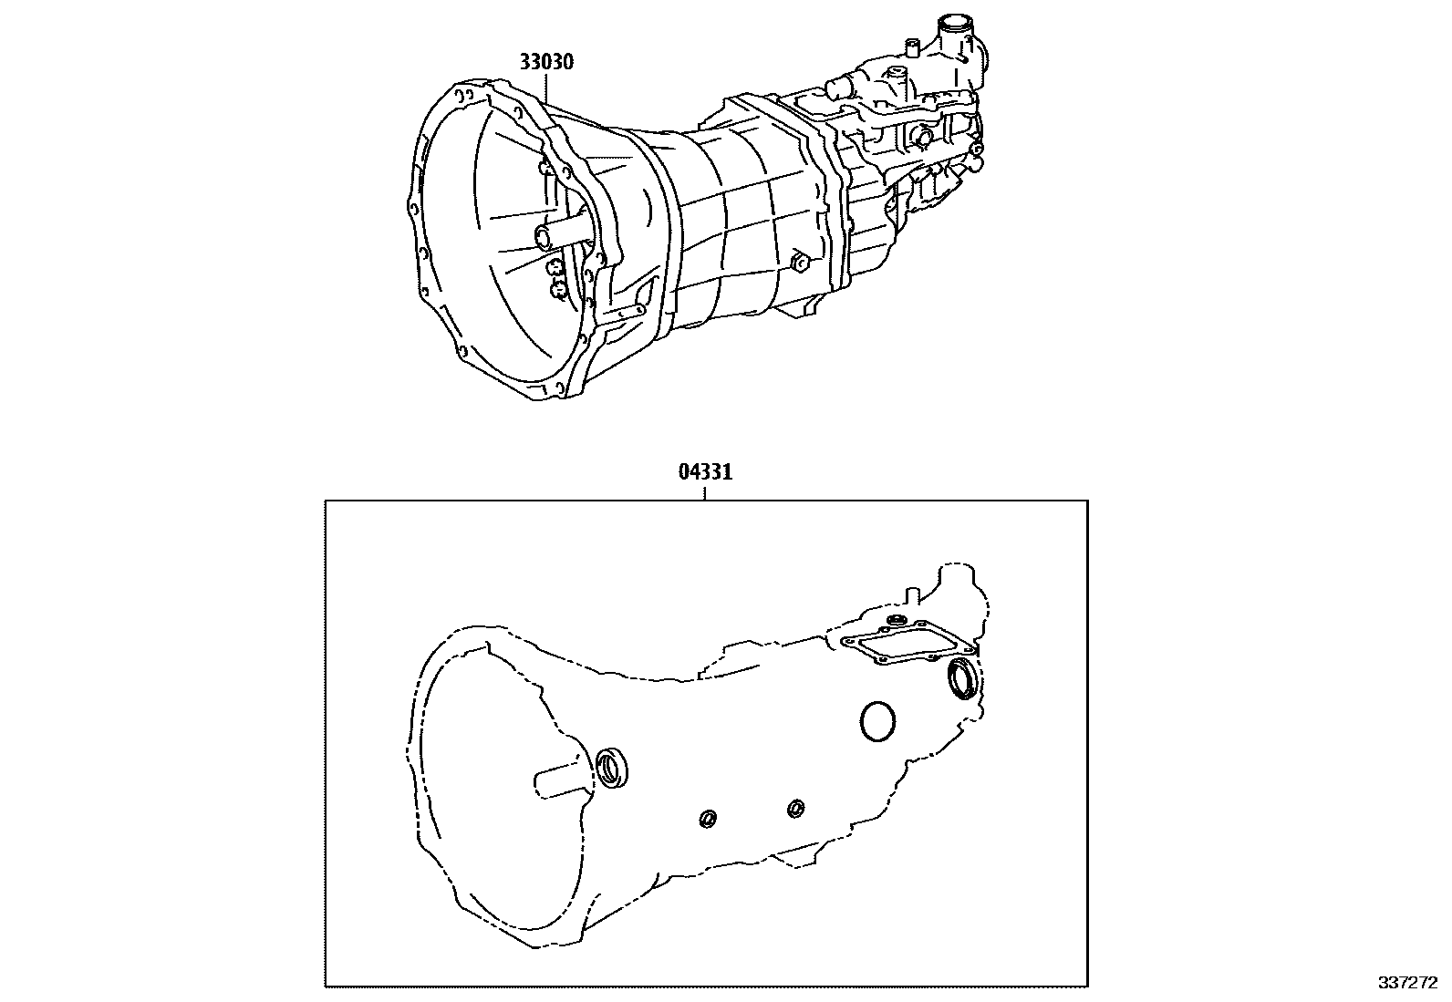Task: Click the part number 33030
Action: point(547,62)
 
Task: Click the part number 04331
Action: point(705,472)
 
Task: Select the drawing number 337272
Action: point(1414,983)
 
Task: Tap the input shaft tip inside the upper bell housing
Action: point(544,238)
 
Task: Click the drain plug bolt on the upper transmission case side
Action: point(799,263)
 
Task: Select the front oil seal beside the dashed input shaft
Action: point(612,767)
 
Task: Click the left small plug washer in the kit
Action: point(707,819)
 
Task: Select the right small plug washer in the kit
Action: point(795,808)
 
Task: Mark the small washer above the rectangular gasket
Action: point(894,622)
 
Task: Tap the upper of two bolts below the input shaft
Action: point(555,268)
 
